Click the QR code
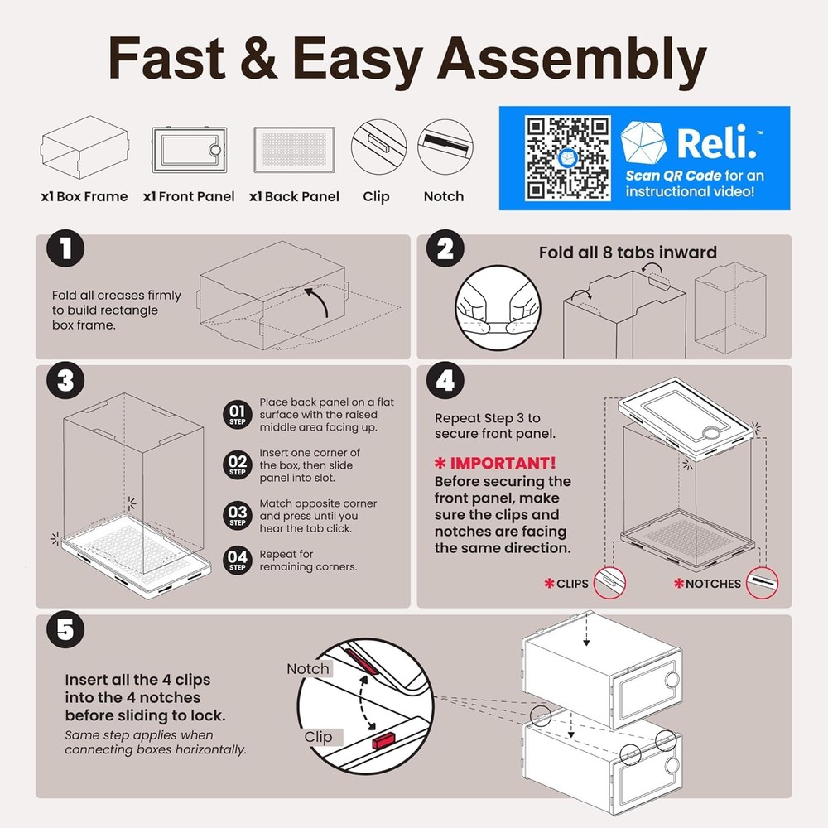tap(567, 158)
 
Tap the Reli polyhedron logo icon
tap(643, 142)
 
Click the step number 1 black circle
tap(65, 248)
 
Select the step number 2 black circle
tap(445, 248)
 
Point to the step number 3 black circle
tap(65, 380)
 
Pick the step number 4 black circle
tap(445, 380)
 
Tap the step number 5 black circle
tap(65, 629)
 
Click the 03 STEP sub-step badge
tap(237, 515)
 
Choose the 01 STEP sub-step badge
tap(237, 415)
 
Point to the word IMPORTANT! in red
tap(503, 463)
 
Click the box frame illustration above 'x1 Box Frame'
tap(84, 147)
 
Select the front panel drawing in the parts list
tap(190, 149)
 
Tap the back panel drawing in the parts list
tap(294, 149)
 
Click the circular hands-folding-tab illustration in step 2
tap(498, 308)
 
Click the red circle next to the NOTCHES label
tap(762, 583)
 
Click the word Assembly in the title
tap(572, 59)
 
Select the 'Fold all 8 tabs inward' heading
tap(628, 253)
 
